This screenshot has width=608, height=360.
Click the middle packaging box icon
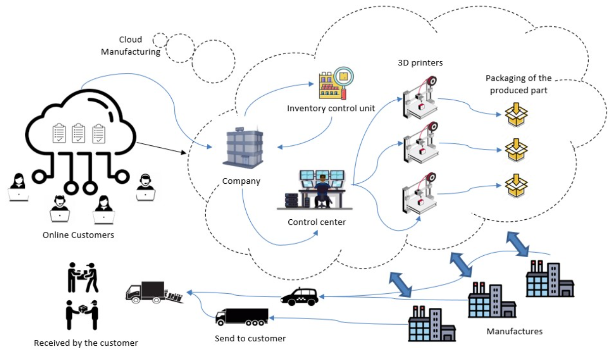pos(516,147)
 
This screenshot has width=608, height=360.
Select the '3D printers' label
pos(420,63)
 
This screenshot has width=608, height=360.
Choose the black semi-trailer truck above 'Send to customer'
pos(242,317)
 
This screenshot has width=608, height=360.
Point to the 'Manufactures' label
pos(514,332)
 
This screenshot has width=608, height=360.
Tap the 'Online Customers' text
pos(78,235)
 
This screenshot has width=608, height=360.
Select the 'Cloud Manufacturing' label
pos(131,46)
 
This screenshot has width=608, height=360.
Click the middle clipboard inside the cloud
pos(79,133)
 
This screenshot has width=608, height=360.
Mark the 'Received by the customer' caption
pos(86,343)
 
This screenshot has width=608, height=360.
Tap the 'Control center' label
pos(317,222)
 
